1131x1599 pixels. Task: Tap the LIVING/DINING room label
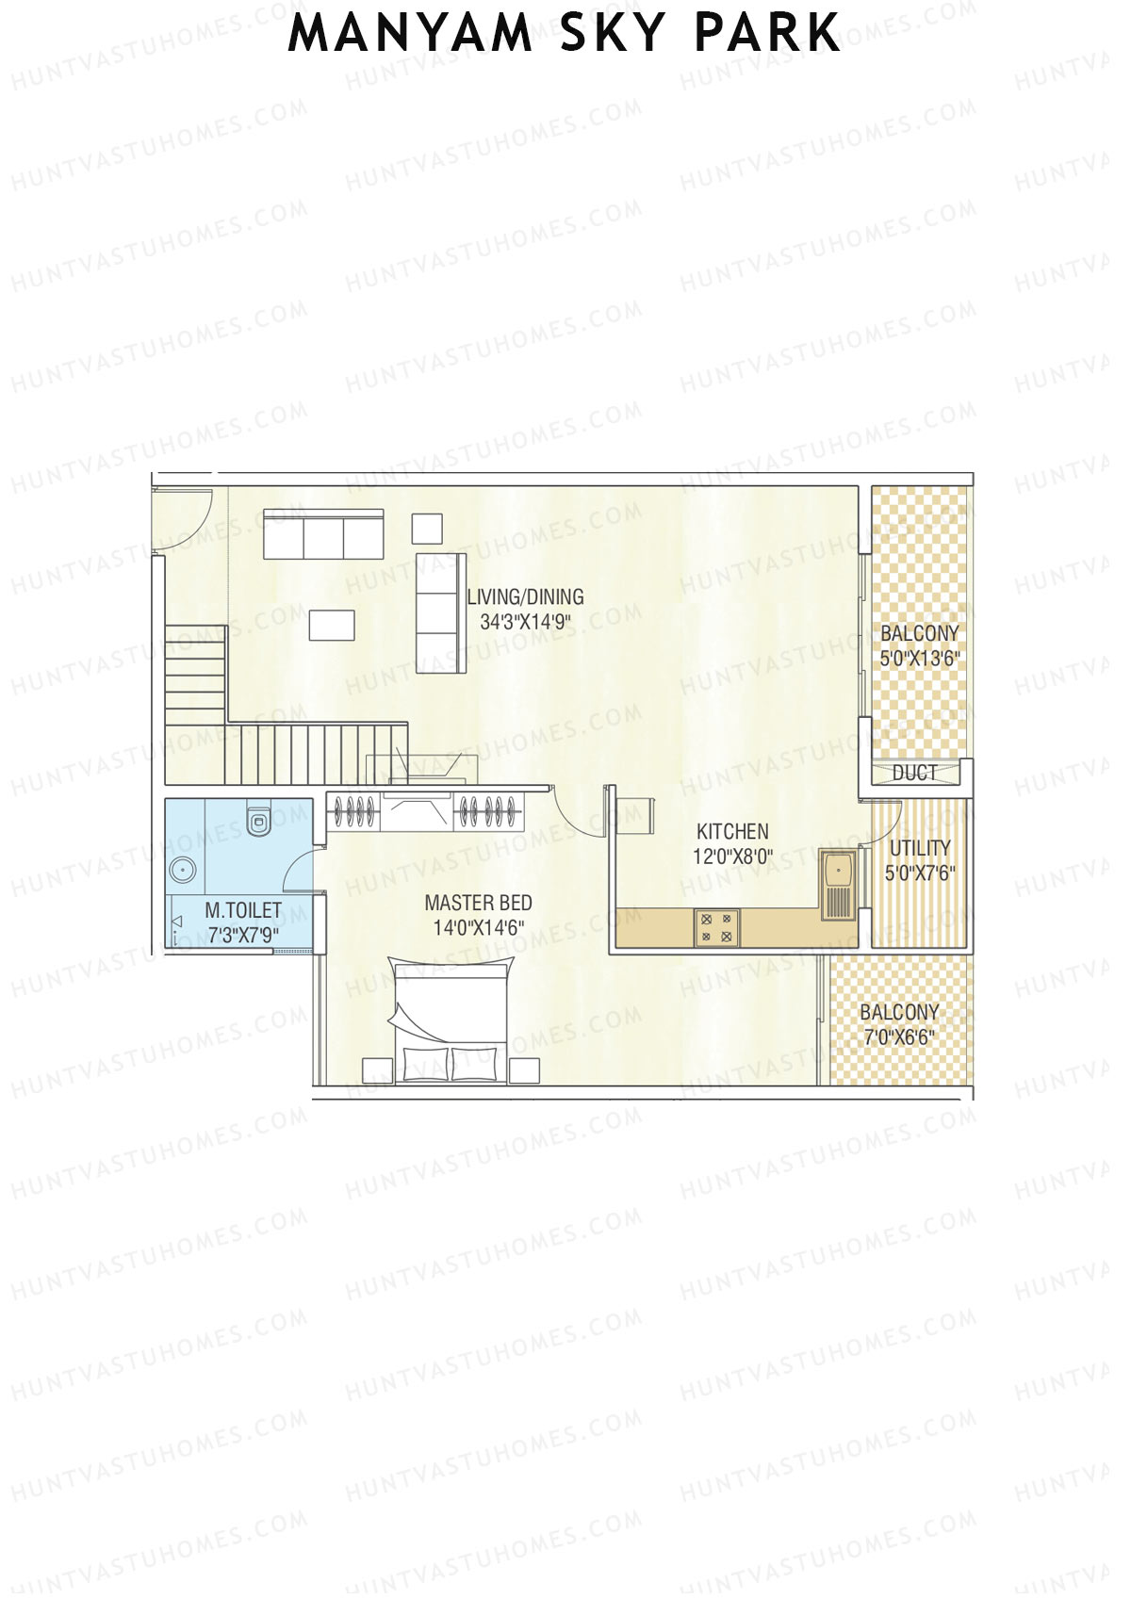(525, 596)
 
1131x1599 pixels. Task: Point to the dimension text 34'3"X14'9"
(525, 623)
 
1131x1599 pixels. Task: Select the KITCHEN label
(732, 831)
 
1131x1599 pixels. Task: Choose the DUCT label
(913, 774)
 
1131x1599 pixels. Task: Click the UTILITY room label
(920, 847)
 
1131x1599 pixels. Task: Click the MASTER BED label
(478, 903)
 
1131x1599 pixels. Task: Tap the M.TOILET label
(243, 910)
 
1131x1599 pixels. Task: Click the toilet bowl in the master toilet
(257, 821)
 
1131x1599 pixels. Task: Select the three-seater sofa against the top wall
(323, 535)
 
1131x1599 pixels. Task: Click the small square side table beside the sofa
(427, 529)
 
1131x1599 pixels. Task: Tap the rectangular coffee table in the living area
(332, 625)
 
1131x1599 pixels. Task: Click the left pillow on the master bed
(422, 1064)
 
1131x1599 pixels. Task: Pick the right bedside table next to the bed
(526, 1069)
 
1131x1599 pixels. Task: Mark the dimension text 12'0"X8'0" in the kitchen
(732, 857)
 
